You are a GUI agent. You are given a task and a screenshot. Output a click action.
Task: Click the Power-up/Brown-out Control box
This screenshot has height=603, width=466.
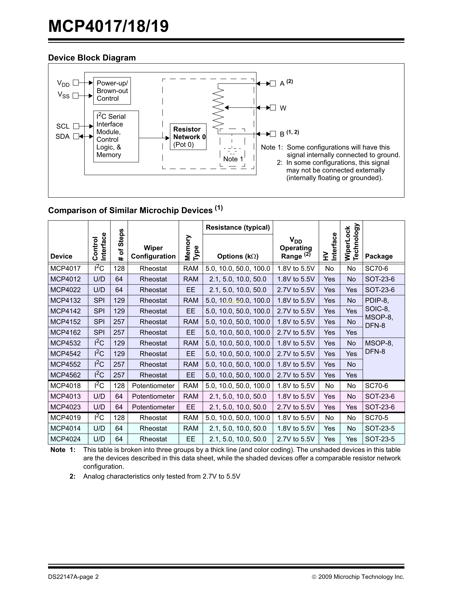(112, 91)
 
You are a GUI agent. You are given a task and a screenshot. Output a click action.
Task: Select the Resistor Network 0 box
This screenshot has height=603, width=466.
(188, 137)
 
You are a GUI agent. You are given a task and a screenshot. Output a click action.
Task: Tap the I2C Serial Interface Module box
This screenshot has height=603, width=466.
(116, 136)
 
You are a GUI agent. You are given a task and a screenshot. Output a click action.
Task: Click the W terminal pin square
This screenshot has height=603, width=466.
(273, 108)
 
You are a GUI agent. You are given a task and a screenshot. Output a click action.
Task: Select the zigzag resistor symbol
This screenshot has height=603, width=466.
(218, 108)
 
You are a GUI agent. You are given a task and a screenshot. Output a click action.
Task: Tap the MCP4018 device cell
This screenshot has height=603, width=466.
(65, 386)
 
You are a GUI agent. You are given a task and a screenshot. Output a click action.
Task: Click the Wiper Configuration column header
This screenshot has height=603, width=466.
(153, 252)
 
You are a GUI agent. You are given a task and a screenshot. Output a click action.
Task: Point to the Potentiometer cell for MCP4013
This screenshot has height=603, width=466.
(153, 397)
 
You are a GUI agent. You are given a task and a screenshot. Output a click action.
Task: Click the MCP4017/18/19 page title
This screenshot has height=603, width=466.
(108, 26)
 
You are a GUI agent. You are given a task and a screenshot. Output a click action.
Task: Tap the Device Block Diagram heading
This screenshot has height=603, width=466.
(92, 58)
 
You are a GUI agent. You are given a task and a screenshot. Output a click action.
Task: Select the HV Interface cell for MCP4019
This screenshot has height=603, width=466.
(329, 418)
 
